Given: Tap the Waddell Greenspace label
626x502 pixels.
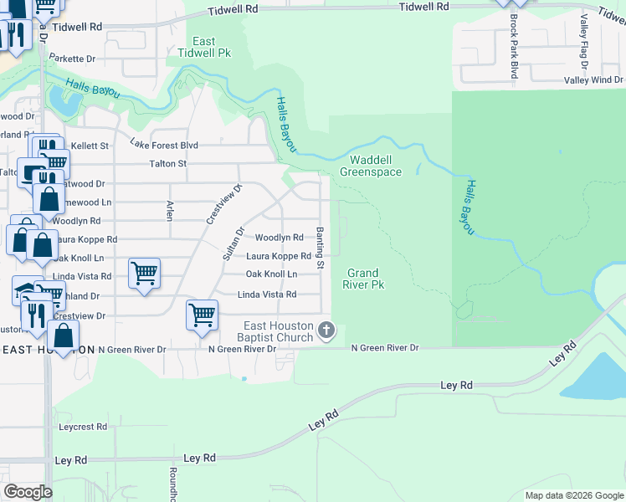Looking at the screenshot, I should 371,166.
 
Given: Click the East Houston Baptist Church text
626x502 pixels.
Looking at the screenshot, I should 279,331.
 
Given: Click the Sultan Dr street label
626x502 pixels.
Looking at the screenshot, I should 232,243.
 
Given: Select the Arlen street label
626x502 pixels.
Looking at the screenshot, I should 169,210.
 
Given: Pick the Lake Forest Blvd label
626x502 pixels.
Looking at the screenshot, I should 164,145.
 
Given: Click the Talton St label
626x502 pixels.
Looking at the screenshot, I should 167,164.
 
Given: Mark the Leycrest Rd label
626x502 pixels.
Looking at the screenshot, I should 83,426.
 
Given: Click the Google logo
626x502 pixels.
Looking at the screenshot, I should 28,491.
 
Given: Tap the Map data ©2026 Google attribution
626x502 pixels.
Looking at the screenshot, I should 573,495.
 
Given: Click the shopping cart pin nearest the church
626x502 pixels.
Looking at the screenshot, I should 203,315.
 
